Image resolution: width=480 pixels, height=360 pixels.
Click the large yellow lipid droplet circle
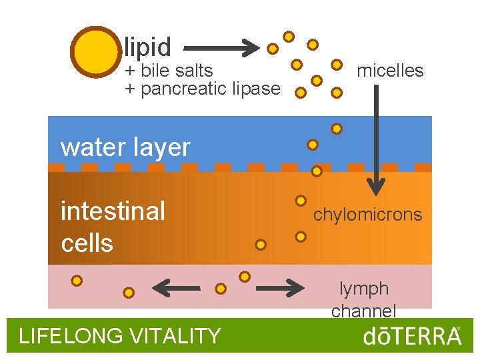coord(94,52)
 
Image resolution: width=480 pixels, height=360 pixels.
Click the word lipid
coord(147,47)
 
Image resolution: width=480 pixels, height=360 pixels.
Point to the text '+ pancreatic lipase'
coord(203,89)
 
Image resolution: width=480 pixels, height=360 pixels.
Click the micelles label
coord(390,71)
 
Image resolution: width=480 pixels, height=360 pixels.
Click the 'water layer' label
coord(125,147)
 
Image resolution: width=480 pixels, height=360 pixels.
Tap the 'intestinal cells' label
coord(113,227)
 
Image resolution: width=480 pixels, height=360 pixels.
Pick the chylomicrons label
coord(367,215)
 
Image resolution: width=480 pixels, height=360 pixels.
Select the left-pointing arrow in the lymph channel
coord(176,289)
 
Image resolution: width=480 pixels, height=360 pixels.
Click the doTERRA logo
coord(411,336)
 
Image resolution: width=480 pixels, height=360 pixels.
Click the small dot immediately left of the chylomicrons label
coord(301,200)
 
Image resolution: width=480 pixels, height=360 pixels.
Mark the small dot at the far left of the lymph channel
coord(77,281)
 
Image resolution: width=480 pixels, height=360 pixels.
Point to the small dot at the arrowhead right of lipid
coord(273,49)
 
